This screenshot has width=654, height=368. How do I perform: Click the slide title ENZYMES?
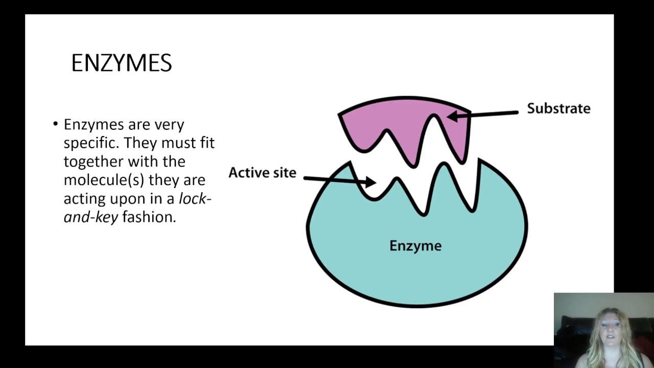pos(122,63)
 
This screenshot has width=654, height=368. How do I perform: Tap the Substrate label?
pos(558,108)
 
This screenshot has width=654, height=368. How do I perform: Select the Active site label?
pos(262,173)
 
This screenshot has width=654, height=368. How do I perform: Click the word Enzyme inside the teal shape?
pos(415,246)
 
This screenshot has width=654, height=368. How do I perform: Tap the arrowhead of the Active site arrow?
pos(370,181)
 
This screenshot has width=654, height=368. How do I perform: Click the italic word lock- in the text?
pos(195,198)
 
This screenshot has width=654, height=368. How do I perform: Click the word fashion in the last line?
pos(149,217)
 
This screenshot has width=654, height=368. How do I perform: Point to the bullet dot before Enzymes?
pos(55,124)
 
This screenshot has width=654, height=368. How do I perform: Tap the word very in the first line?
pos(170,125)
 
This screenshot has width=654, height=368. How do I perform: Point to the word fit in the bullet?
pos(207,143)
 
